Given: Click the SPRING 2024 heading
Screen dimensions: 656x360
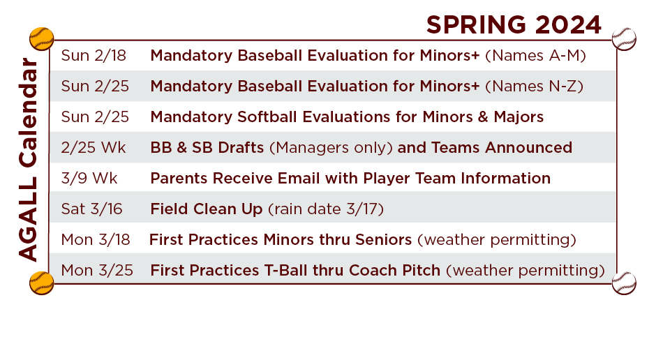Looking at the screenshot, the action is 514,24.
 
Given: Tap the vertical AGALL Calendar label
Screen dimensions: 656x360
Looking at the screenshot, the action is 29,160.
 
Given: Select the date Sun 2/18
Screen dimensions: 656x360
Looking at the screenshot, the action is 94,55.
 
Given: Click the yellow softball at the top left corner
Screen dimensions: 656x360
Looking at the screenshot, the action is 41,39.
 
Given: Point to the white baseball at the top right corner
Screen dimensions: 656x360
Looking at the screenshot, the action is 624,39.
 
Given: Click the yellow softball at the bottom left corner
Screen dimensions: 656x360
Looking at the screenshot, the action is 41,283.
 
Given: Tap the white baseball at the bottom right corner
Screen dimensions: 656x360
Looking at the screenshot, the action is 624,283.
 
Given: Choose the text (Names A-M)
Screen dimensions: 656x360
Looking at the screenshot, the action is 535,56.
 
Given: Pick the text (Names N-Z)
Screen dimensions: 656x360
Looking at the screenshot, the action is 535,86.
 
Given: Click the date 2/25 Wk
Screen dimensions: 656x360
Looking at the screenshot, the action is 94,148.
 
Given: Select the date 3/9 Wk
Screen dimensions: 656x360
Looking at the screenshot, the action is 89,178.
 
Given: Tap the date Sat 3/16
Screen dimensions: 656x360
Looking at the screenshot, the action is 91,209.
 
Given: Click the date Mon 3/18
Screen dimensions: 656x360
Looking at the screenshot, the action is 96,239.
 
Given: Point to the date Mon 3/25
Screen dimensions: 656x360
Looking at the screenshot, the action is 97,270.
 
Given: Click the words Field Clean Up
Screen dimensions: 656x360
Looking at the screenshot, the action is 207,209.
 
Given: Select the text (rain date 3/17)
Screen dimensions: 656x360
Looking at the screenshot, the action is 325,209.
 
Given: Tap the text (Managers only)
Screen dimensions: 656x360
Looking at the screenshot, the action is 331,148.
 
